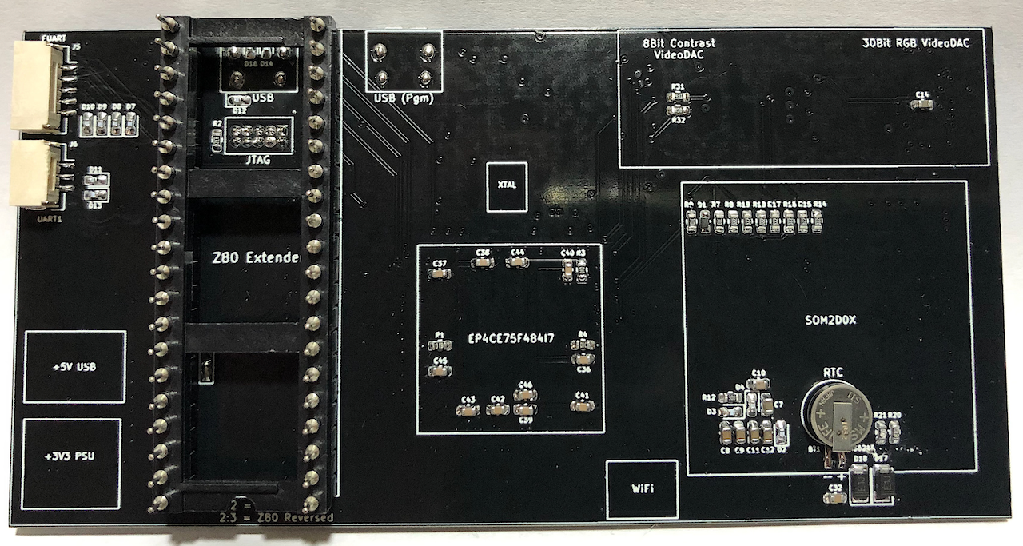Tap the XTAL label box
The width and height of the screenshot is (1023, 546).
tap(507, 185)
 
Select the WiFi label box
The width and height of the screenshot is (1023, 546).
tap(642, 488)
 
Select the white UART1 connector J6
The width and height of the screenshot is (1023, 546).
tap(36, 175)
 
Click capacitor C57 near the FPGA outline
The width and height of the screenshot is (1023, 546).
tap(439, 273)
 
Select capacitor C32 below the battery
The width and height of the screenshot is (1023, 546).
tap(835, 497)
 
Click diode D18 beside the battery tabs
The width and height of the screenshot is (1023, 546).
tap(860, 484)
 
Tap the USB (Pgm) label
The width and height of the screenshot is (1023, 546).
tap(404, 99)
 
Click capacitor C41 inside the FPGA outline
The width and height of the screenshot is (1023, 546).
tap(582, 406)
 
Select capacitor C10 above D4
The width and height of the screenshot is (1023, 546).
tap(758, 382)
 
